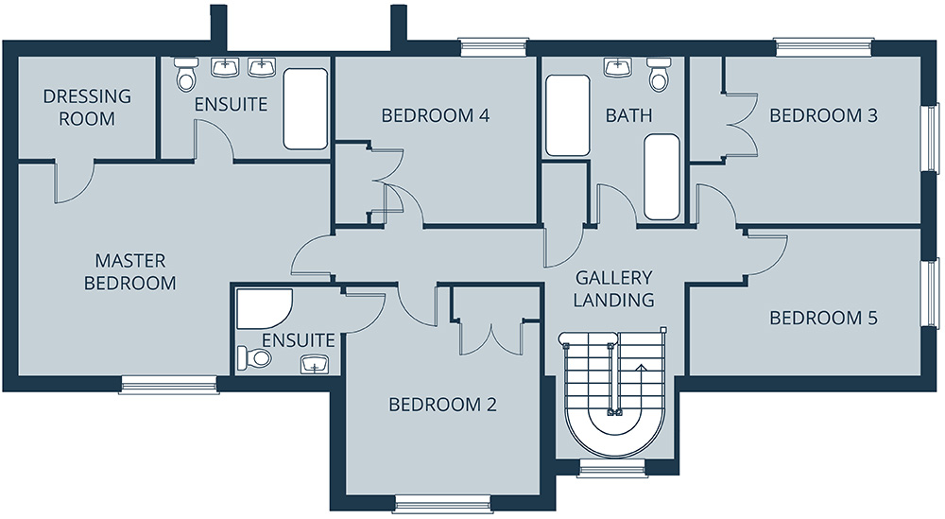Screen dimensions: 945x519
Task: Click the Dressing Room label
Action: click(x=87, y=107)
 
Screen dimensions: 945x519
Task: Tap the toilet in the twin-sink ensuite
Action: click(x=185, y=73)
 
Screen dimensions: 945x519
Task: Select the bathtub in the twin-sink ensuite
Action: click(x=305, y=109)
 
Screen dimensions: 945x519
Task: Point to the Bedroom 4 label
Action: click(x=435, y=115)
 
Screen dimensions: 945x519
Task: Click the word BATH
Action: click(x=628, y=115)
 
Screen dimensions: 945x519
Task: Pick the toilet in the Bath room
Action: click(x=660, y=74)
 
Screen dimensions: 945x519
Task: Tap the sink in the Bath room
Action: click(x=617, y=67)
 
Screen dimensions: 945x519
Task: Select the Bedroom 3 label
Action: click(x=823, y=115)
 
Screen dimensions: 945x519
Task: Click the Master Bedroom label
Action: click(x=130, y=272)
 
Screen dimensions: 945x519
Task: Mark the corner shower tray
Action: click(x=264, y=308)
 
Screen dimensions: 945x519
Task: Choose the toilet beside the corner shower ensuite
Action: click(x=253, y=358)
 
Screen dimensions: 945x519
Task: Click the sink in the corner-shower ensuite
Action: click(x=315, y=364)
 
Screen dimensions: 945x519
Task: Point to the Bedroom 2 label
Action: click(x=442, y=405)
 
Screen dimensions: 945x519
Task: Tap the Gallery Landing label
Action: click(x=613, y=288)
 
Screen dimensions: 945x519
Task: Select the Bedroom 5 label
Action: click(x=823, y=318)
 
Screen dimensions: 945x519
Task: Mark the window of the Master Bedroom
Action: click(x=169, y=385)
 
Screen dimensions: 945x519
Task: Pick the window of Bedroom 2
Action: click(x=443, y=503)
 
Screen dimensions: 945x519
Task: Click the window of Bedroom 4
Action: click(x=493, y=47)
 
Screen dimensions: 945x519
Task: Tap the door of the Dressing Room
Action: click(x=74, y=181)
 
